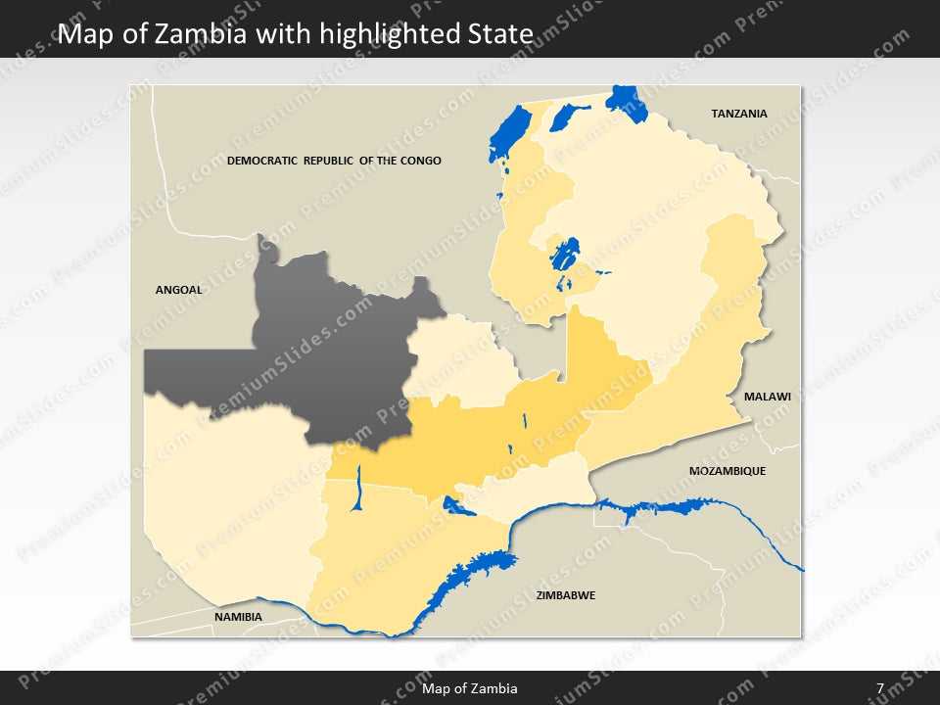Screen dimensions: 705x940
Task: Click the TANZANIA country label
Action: point(738,114)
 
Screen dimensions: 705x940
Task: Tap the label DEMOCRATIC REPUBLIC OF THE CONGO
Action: point(334,161)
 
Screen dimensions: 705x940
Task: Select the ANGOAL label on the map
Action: point(179,290)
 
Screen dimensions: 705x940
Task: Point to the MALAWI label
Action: point(767,398)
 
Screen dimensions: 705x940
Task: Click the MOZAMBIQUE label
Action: point(727,471)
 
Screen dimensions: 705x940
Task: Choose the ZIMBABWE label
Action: point(565,595)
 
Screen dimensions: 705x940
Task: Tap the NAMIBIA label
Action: point(238,617)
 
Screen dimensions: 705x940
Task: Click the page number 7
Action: point(880,688)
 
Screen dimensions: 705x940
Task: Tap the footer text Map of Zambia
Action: point(470,688)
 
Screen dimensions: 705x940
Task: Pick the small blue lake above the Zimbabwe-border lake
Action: point(455,506)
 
